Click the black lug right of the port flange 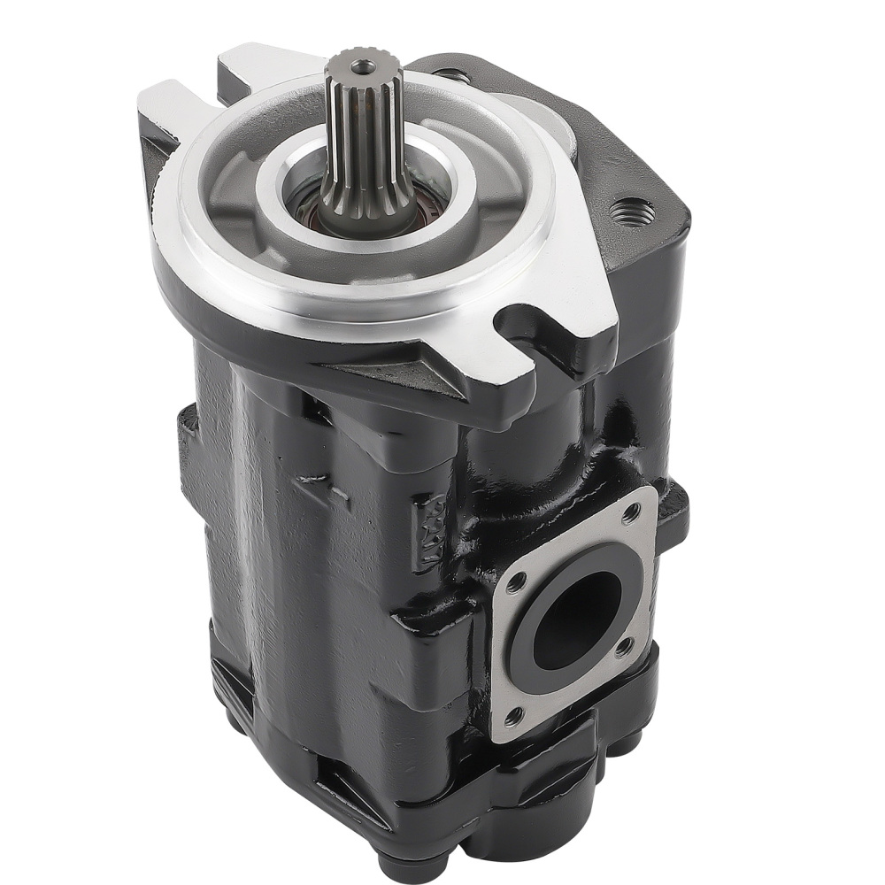[x=677, y=513]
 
